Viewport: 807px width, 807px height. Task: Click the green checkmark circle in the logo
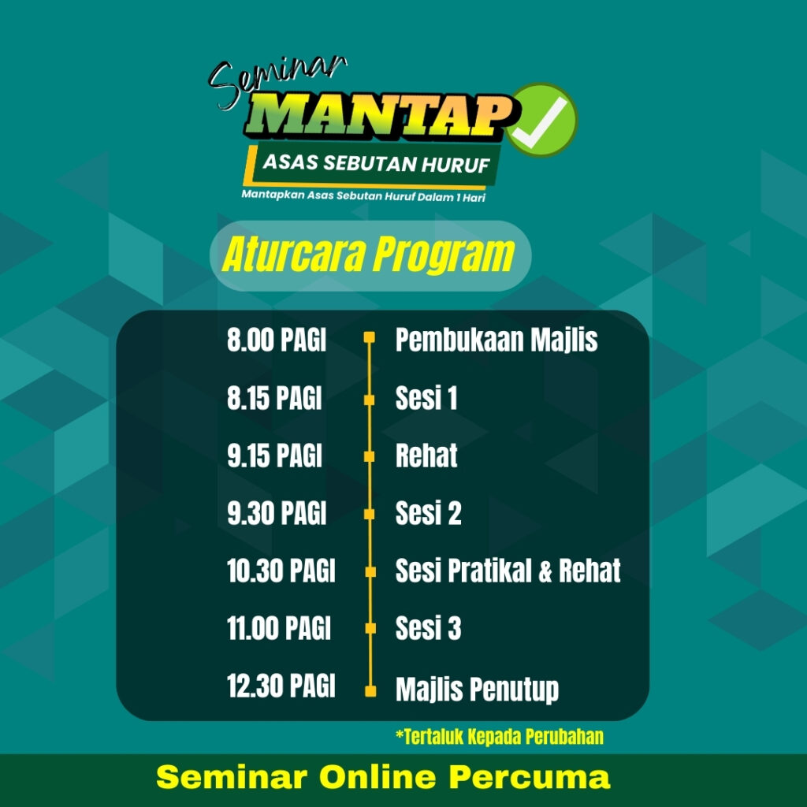pos(541,120)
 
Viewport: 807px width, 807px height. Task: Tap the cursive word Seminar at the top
pos(277,82)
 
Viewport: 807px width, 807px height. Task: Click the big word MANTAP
pos(380,117)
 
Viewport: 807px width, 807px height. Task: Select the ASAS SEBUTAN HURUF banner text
pos(376,163)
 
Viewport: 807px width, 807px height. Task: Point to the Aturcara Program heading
pos(369,255)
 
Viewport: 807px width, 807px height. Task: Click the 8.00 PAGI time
pos(277,340)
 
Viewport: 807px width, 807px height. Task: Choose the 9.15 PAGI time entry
pos(275,456)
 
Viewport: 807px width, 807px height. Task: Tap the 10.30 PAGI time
pos(281,571)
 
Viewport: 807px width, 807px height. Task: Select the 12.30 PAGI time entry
pos(281,686)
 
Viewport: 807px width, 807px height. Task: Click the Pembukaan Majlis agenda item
pos(496,340)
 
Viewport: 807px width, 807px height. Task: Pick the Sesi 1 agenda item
pos(426,398)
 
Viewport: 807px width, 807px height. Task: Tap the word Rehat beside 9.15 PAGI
pos(426,456)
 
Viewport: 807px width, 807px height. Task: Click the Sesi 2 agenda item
pos(428,513)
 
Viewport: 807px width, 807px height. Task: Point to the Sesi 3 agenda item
pos(428,628)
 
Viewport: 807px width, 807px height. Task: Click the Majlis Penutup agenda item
pos(477,690)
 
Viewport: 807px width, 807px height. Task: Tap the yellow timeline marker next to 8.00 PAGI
pos(370,337)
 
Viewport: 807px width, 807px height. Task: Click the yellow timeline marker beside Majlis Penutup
pos(370,691)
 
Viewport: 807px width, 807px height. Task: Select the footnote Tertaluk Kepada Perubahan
pos(500,737)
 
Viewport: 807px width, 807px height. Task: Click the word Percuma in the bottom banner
pos(530,777)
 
